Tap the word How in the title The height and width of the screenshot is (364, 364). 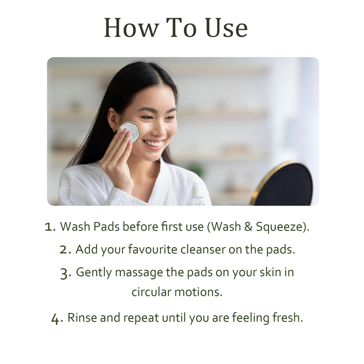(132, 28)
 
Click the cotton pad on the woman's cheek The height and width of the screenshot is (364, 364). (130, 132)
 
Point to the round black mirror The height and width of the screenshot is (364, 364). (283, 184)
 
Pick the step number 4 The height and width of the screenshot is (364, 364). (57, 318)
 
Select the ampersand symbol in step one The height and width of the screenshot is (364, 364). (248, 227)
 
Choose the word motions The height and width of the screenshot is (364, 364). (198, 292)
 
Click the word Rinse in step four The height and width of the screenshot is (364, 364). (82, 317)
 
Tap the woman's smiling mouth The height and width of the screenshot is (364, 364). (153, 144)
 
